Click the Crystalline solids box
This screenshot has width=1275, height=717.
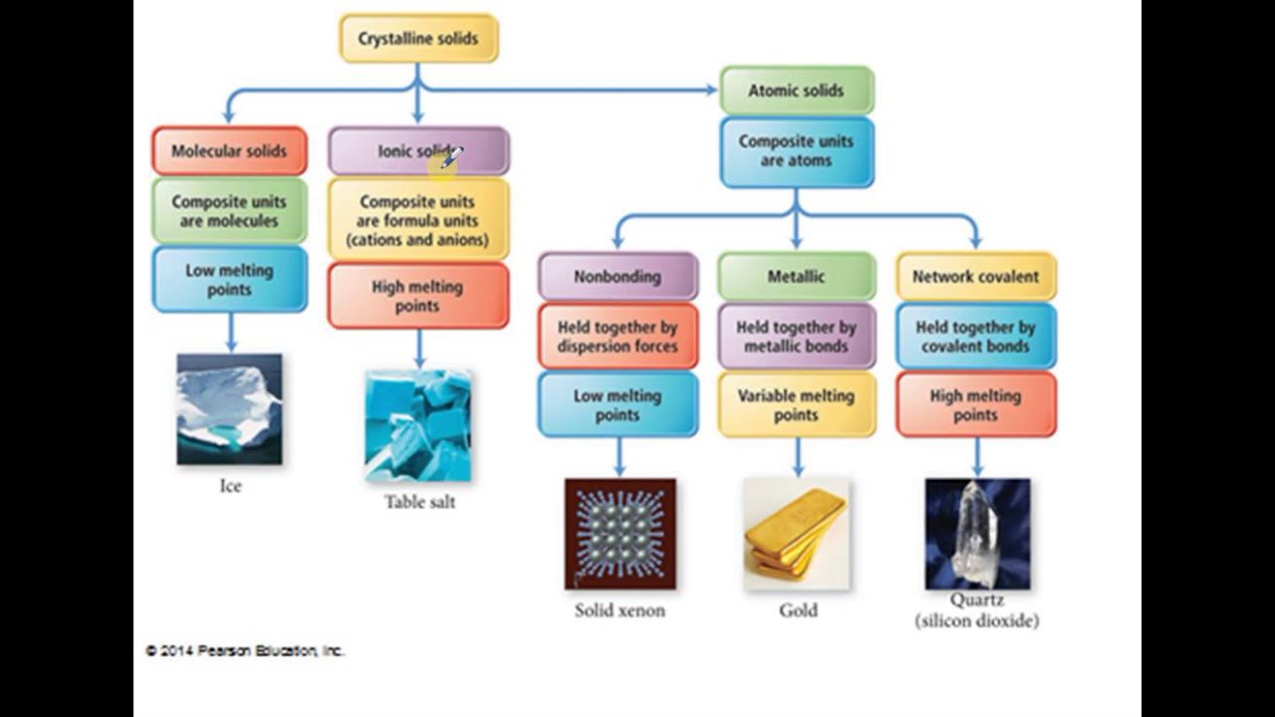[418, 39]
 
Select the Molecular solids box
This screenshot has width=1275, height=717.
[229, 151]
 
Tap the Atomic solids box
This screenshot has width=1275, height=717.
[796, 91]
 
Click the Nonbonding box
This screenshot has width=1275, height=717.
[618, 277]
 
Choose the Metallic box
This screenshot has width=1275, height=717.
[796, 277]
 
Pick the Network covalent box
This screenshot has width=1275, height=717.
[975, 277]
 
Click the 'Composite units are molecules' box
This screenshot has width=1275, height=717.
[229, 211]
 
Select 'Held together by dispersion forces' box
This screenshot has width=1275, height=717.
[618, 337]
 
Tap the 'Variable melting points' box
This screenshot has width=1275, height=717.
[796, 405]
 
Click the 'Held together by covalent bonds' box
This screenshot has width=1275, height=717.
[975, 337]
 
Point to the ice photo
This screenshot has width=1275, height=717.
[229, 409]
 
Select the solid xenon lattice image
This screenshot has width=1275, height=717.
[620, 534]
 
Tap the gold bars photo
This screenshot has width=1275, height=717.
[797, 534]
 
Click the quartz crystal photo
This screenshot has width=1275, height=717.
[977, 534]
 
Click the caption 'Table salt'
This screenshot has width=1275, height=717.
[419, 502]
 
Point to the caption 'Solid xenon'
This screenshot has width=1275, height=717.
[620, 610]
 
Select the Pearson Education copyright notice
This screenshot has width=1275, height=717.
[245, 650]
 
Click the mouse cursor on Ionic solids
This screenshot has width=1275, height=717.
[451, 156]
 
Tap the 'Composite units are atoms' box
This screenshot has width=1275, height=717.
[796, 151]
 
